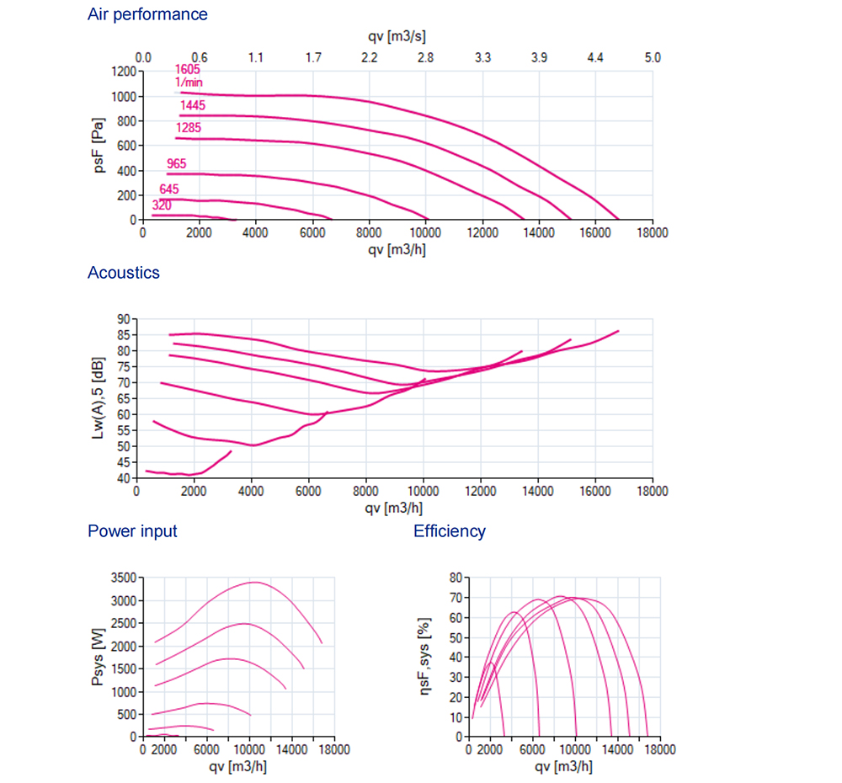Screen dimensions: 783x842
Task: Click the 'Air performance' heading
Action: (147, 14)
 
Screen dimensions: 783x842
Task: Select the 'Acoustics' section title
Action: (124, 272)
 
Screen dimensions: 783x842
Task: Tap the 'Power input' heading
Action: (132, 531)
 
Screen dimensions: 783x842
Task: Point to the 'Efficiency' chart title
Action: (450, 531)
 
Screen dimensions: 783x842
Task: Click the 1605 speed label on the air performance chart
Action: (188, 70)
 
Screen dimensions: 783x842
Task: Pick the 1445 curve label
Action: (193, 105)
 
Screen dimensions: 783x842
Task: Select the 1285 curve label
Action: (189, 128)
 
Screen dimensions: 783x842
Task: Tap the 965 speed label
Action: (177, 163)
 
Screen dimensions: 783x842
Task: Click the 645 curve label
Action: (169, 189)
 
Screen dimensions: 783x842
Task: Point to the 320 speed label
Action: (162, 205)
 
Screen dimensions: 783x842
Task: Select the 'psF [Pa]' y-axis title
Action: (99, 146)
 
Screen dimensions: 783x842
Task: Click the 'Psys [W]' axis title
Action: (98, 658)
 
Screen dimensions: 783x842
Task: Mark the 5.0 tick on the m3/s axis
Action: (653, 58)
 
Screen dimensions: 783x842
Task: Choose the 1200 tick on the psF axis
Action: (122, 72)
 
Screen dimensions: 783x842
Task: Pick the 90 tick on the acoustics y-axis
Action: (125, 319)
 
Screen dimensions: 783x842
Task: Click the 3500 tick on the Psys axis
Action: (122, 578)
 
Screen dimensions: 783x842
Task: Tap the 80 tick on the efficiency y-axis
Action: (456, 578)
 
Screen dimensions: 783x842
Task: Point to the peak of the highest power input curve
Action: (254, 582)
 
